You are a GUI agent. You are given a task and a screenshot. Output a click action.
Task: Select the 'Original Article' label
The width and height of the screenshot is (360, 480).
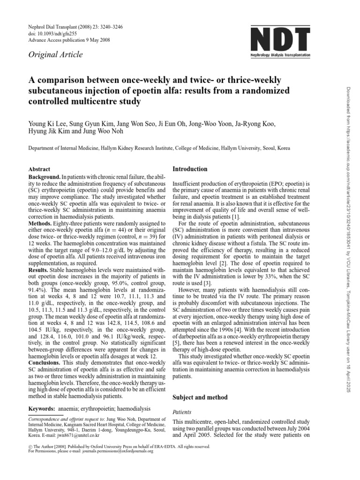pos(56,55)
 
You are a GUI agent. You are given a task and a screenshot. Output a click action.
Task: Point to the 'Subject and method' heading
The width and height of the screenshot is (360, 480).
pos(201,397)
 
